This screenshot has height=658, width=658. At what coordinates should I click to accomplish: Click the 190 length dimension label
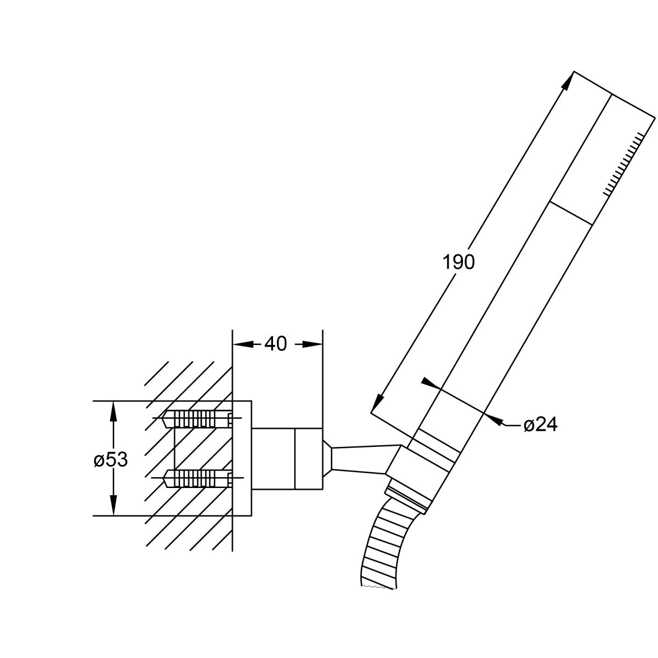(x=458, y=263)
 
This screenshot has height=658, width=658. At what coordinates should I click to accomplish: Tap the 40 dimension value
(x=276, y=344)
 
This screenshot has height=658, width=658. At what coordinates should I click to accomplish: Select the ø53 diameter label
(x=111, y=460)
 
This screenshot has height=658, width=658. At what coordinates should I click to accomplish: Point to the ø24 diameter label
(x=541, y=425)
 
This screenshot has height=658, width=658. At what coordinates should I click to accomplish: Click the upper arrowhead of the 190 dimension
(x=568, y=82)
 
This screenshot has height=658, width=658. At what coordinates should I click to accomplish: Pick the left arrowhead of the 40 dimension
(x=243, y=344)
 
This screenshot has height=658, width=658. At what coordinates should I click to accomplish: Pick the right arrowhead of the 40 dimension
(x=313, y=344)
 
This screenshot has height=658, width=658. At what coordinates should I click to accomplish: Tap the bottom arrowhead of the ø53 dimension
(x=114, y=505)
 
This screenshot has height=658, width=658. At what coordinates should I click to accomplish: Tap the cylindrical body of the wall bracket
(x=287, y=458)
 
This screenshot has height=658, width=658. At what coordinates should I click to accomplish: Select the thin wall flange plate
(x=242, y=458)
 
